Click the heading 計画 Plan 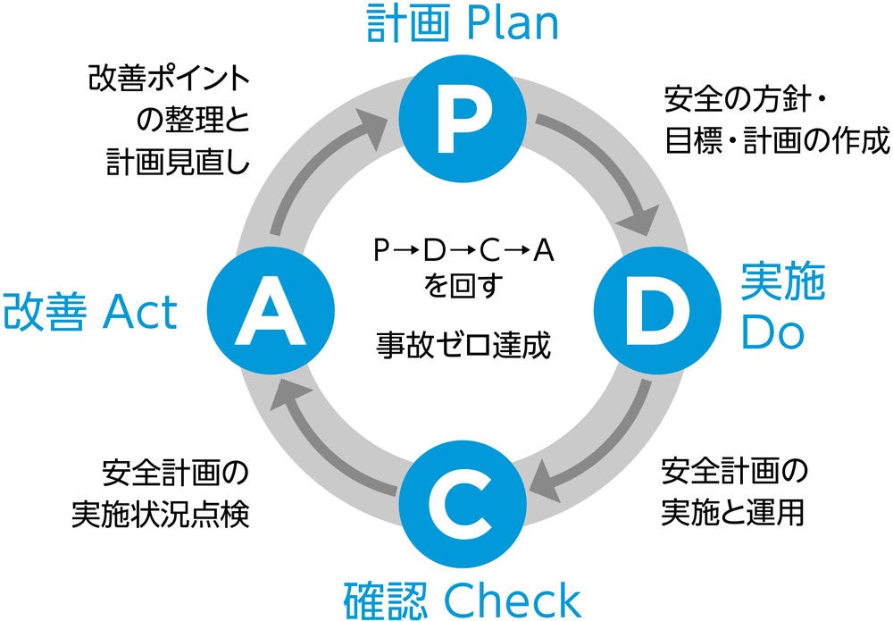(462, 24)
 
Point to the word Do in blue (773, 333)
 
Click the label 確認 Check (462, 599)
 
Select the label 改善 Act (90, 313)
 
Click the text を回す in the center (463, 287)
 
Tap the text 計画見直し (178, 162)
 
